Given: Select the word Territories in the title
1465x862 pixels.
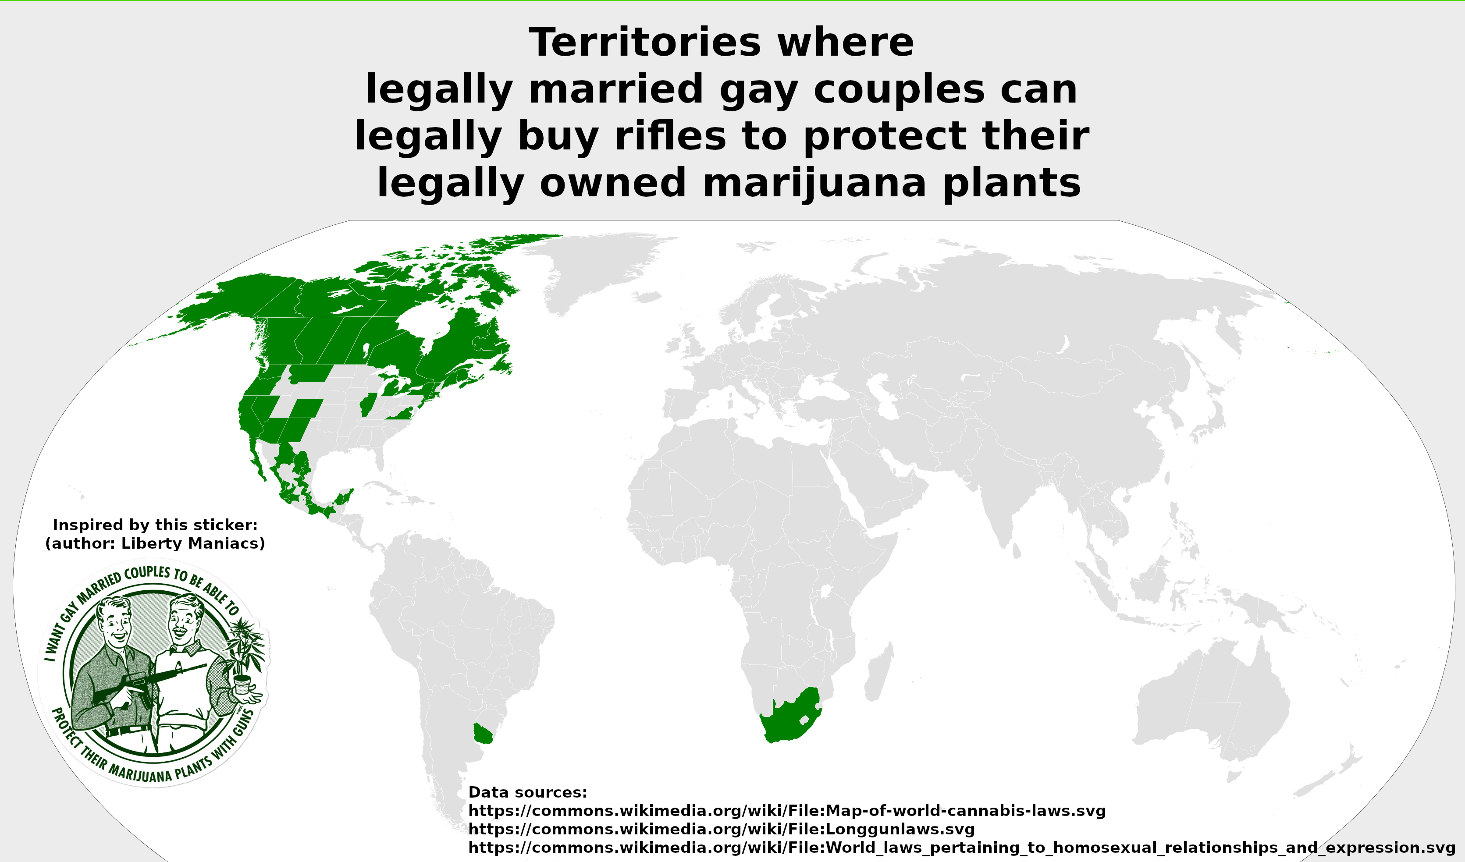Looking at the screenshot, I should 644,43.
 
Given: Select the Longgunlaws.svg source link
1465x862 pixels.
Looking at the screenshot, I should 721,829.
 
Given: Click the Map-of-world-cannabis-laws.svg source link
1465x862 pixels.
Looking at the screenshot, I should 786,810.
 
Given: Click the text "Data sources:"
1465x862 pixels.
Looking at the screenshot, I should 527,792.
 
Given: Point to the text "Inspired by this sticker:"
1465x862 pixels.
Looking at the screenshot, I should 155,525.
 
